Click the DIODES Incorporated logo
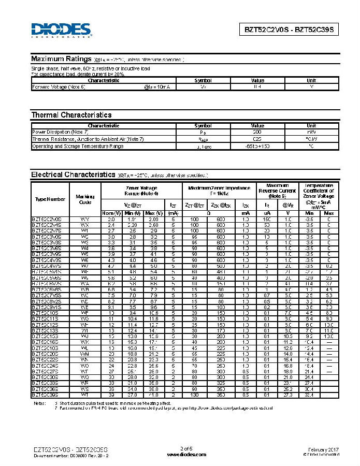click(x=61, y=30)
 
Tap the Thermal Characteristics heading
click(x=71, y=115)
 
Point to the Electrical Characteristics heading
click(x=73, y=174)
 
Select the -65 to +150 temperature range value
click(x=257, y=146)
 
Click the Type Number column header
click(x=50, y=199)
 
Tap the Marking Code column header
click(x=85, y=199)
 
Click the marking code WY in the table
click(x=85, y=220)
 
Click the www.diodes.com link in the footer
click(x=186, y=454)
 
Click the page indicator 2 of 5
click(x=186, y=448)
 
